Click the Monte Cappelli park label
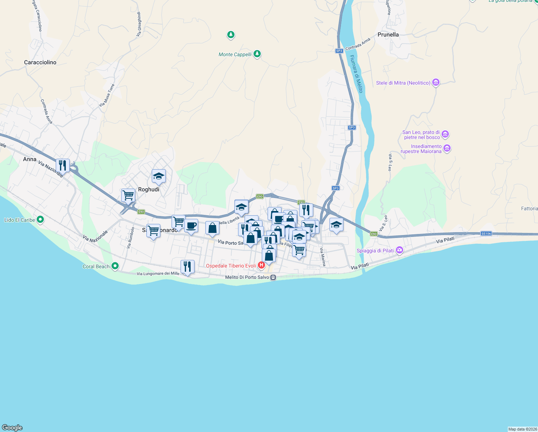[x=235, y=54]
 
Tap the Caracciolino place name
[x=40, y=62]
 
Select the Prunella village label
[x=388, y=35]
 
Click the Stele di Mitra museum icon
[x=436, y=82]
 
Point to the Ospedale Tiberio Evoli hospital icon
[x=261, y=266]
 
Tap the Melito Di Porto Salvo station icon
[x=273, y=277]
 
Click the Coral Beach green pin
[x=115, y=266]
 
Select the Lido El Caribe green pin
[x=40, y=219]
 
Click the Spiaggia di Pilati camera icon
[x=400, y=250]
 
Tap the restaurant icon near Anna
[x=63, y=166]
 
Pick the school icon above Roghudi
[x=159, y=176]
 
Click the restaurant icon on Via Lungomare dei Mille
[x=187, y=267]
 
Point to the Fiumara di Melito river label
[x=356, y=74]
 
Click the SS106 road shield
[x=486, y=234]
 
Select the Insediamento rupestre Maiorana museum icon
[x=447, y=148]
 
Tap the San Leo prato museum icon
[x=445, y=134]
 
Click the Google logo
[x=12, y=428]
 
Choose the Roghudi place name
[x=149, y=189]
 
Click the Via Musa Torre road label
[x=107, y=95]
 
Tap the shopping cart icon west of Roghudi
[x=128, y=195]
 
